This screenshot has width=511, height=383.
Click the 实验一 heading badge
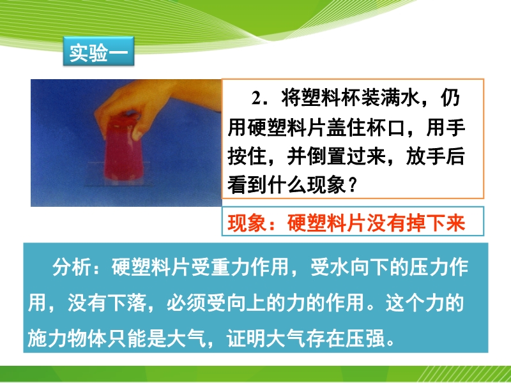98,52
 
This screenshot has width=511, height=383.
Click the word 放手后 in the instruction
436,156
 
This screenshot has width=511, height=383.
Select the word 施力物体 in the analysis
67,338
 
